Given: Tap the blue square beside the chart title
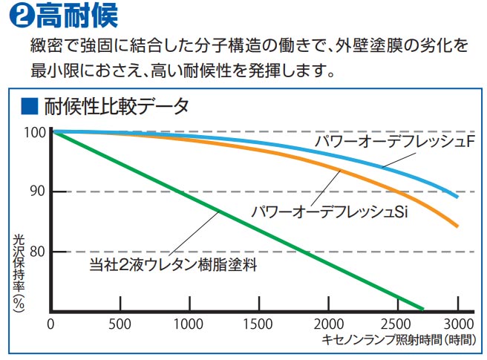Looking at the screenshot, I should (29, 106).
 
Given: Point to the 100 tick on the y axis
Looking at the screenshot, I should (34, 132).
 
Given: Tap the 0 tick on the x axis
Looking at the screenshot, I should (50, 324).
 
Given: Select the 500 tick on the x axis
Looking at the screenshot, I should (120, 324).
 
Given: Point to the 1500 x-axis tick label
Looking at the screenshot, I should (258, 324).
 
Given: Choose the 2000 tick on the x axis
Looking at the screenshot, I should (327, 324).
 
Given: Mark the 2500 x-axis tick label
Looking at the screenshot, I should (396, 324).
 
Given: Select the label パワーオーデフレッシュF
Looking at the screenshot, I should (393, 140).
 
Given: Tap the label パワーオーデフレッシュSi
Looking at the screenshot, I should (330, 212).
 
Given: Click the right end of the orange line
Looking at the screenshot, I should (457, 226).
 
